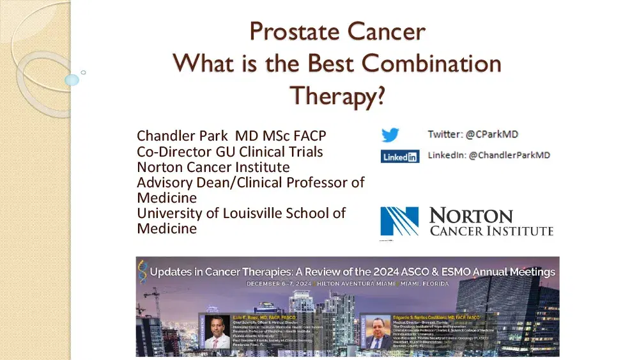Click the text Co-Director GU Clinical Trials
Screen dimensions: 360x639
pos(229,152)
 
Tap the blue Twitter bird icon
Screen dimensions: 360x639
pos(390,135)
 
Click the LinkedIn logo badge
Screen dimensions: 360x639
pos(400,156)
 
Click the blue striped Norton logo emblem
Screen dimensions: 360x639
pos(399,221)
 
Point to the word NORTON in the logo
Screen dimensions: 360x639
pos(471,215)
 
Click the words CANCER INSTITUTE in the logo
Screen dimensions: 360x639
pos(491,231)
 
